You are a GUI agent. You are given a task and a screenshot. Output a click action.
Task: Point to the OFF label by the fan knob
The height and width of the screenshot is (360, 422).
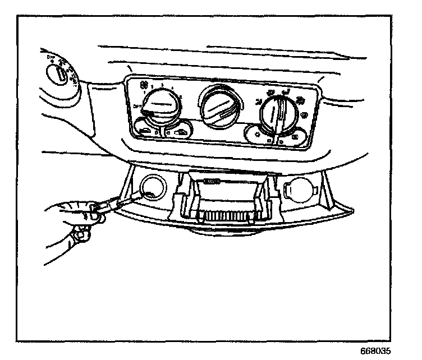[x=137, y=105]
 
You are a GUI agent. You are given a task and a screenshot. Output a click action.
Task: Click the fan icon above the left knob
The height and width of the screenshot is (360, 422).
[x=144, y=85]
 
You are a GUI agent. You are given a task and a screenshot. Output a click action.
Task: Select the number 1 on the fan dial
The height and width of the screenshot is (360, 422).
[x=153, y=87]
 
